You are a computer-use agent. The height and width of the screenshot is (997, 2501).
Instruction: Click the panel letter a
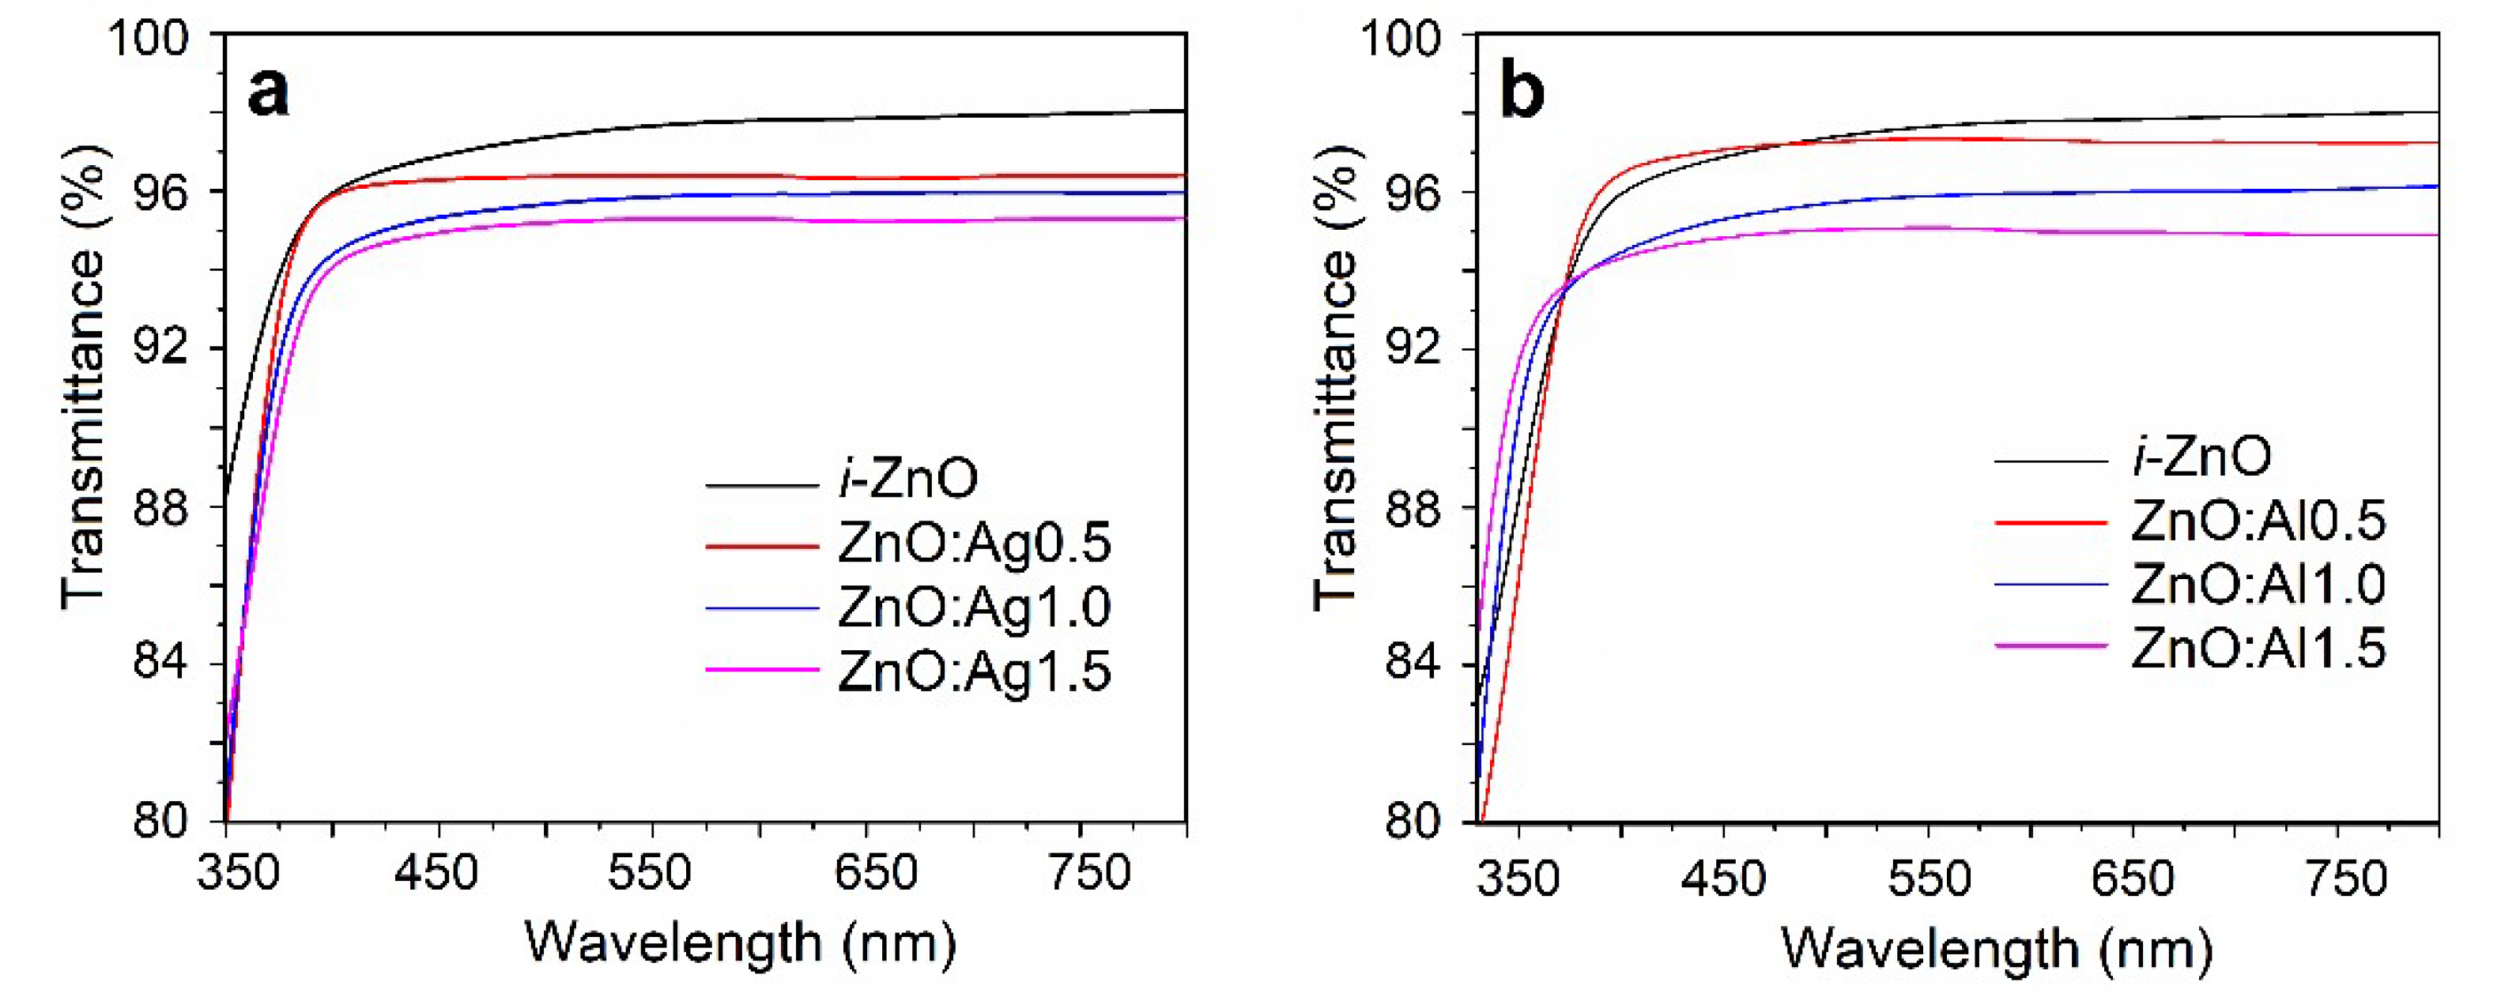(x=268, y=94)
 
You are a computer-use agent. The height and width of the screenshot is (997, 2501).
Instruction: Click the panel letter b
(x=1522, y=94)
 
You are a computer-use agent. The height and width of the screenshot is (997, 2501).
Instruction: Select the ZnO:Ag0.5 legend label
(x=974, y=544)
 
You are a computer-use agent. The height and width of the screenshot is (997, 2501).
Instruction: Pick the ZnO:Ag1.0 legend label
(x=974, y=608)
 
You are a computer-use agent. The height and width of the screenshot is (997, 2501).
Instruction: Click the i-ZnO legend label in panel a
(x=907, y=480)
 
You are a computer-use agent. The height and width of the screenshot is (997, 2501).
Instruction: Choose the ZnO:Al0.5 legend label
(x=2258, y=521)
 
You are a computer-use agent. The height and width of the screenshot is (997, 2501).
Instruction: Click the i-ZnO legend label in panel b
(x=2202, y=457)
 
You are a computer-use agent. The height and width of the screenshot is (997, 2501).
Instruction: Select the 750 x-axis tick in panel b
(x=2344, y=878)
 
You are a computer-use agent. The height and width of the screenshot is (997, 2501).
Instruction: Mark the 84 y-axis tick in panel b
(x=1413, y=666)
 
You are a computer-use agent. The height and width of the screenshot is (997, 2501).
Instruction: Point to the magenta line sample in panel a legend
(x=762, y=670)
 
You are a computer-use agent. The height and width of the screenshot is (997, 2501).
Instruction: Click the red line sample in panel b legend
(x=2050, y=522)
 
